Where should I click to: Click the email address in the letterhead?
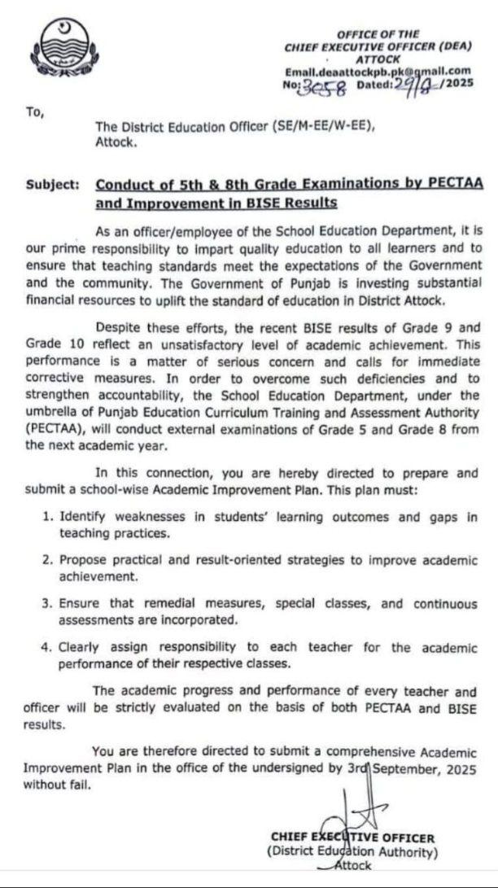click(x=378, y=72)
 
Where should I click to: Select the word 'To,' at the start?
click(x=33, y=113)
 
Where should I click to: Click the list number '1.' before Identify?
click(x=50, y=518)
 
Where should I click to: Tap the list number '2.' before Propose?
click(x=50, y=562)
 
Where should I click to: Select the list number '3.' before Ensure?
click(x=50, y=604)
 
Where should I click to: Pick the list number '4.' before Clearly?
click(x=50, y=648)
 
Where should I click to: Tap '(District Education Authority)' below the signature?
click(x=352, y=852)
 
